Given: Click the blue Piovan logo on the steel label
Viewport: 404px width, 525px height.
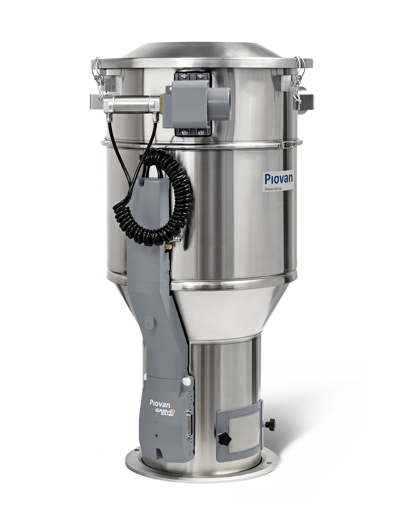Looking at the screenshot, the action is click(x=279, y=178).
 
